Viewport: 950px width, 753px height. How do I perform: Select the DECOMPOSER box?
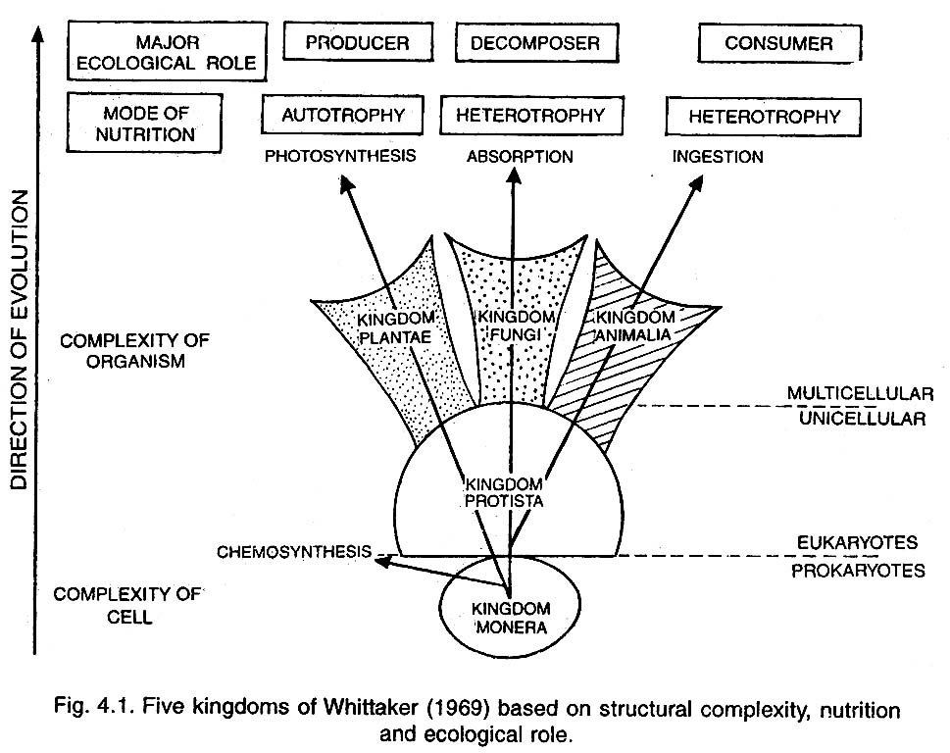[x=527, y=43]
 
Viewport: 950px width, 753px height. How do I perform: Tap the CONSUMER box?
[x=778, y=43]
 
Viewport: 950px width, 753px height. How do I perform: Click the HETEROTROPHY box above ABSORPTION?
[x=530, y=115]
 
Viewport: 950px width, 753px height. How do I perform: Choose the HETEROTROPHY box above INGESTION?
[x=764, y=117]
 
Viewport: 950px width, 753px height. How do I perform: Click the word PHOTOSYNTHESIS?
[x=340, y=155]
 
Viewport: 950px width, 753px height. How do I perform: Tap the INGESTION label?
[x=717, y=156]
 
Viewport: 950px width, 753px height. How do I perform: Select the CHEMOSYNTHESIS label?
[x=294, y=551]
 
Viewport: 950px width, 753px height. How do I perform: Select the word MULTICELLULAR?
[x=860, y=393]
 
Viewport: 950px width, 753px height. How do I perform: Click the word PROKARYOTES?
[x=858, y=570]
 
